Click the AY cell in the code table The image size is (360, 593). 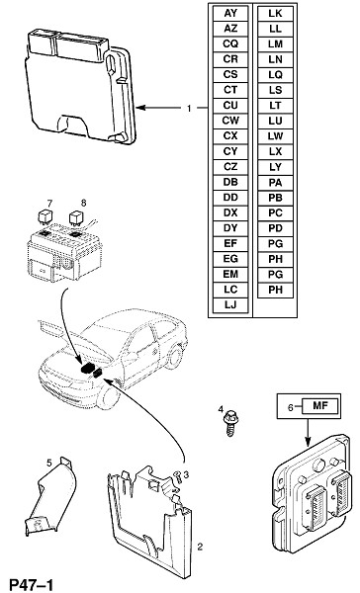click(x=230, y=13)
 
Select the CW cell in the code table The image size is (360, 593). click(x=230, y=121)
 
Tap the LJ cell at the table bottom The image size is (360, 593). click(x=230, y=304)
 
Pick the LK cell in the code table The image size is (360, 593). click(x=275, y=13)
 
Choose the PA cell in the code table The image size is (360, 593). click(x=275, y=182)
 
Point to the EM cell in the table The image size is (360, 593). click(x=230, y=274)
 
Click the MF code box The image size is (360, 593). click(x=319, y=406)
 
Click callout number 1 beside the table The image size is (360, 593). click(x=189, y=109)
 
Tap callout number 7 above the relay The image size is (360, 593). click(x=49, y=203)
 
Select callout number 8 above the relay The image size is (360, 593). click(x=83, y=203)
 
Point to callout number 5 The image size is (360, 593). click(x=49, y=463)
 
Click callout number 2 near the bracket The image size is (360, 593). click(x=200, y=547)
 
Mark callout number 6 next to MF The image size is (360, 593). click(x=291, y=407)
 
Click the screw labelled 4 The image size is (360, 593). click(x=229, y=425)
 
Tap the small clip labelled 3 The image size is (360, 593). click(x=177, y=477)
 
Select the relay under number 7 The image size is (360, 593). click(x=45, y=217)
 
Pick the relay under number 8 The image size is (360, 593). click(x=76, y=218)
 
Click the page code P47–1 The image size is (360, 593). click(x=31, y=585)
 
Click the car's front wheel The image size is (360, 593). click(x=108, y=398)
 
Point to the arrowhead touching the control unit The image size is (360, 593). click(x=140, y=108)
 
